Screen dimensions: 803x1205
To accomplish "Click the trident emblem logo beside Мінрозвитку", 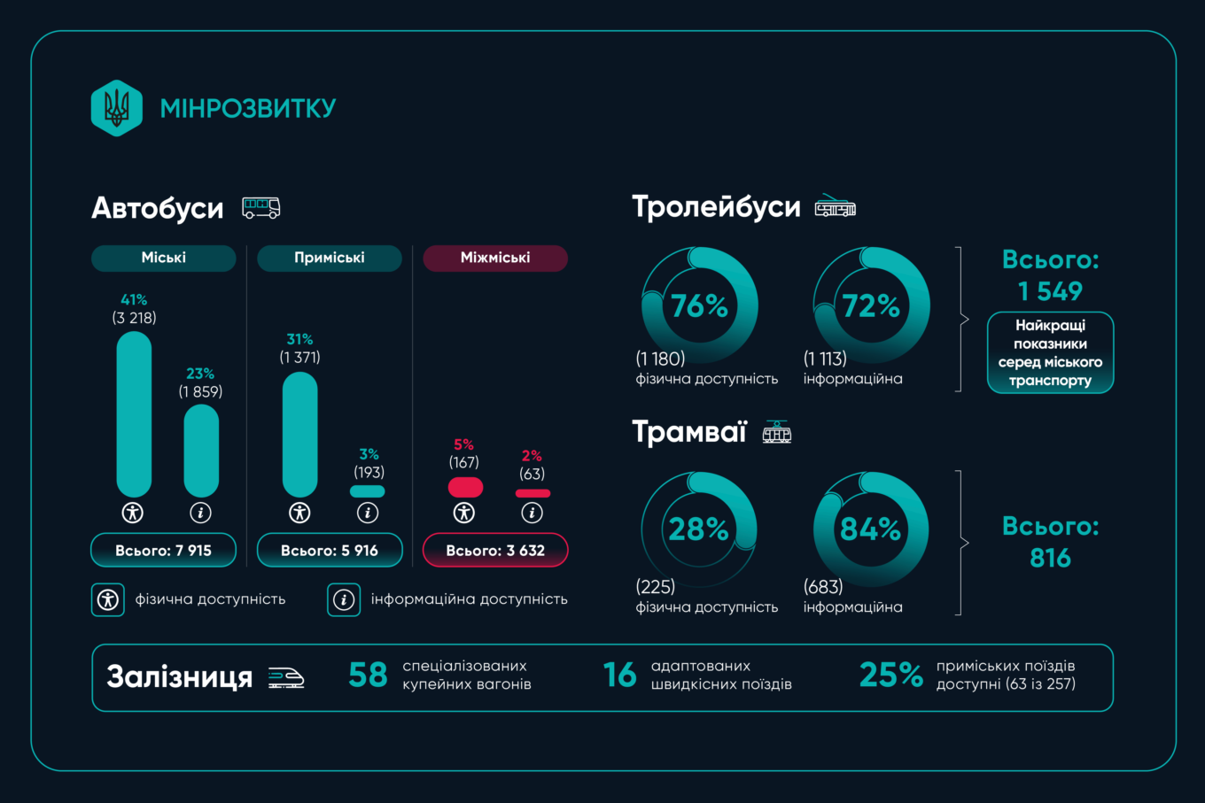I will point(117,108).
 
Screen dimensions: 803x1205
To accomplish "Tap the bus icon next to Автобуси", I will point(261,207).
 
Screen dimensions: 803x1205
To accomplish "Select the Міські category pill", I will point(164,258).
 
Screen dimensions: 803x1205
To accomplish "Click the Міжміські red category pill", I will point(495,258).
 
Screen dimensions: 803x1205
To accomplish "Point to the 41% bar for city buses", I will point(134,414).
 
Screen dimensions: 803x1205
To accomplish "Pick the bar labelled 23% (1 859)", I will point(201,451).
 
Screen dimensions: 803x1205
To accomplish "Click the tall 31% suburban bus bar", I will point(299,434).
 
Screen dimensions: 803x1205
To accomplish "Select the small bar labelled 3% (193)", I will point(368,491).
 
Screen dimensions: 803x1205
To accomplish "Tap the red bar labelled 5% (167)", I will point(465,487).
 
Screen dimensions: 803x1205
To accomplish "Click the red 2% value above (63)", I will point(532,456).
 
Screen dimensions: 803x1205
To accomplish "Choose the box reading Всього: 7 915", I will point(164,550).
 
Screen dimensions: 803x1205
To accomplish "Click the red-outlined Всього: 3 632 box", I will point(495,550).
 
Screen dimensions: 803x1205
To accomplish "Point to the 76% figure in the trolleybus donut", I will point(699,305).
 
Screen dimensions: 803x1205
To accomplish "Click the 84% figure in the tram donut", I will point(870,529).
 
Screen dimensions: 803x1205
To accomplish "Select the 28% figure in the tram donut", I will point(698,529).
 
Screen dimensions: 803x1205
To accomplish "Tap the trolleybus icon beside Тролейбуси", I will point(835,206).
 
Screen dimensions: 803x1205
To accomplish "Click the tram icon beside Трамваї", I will point(777,432).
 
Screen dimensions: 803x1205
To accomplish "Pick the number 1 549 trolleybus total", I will point(1050,291).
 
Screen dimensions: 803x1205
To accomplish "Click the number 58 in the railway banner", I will point(368,676).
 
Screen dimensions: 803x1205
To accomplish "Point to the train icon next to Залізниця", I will point(286,677).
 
